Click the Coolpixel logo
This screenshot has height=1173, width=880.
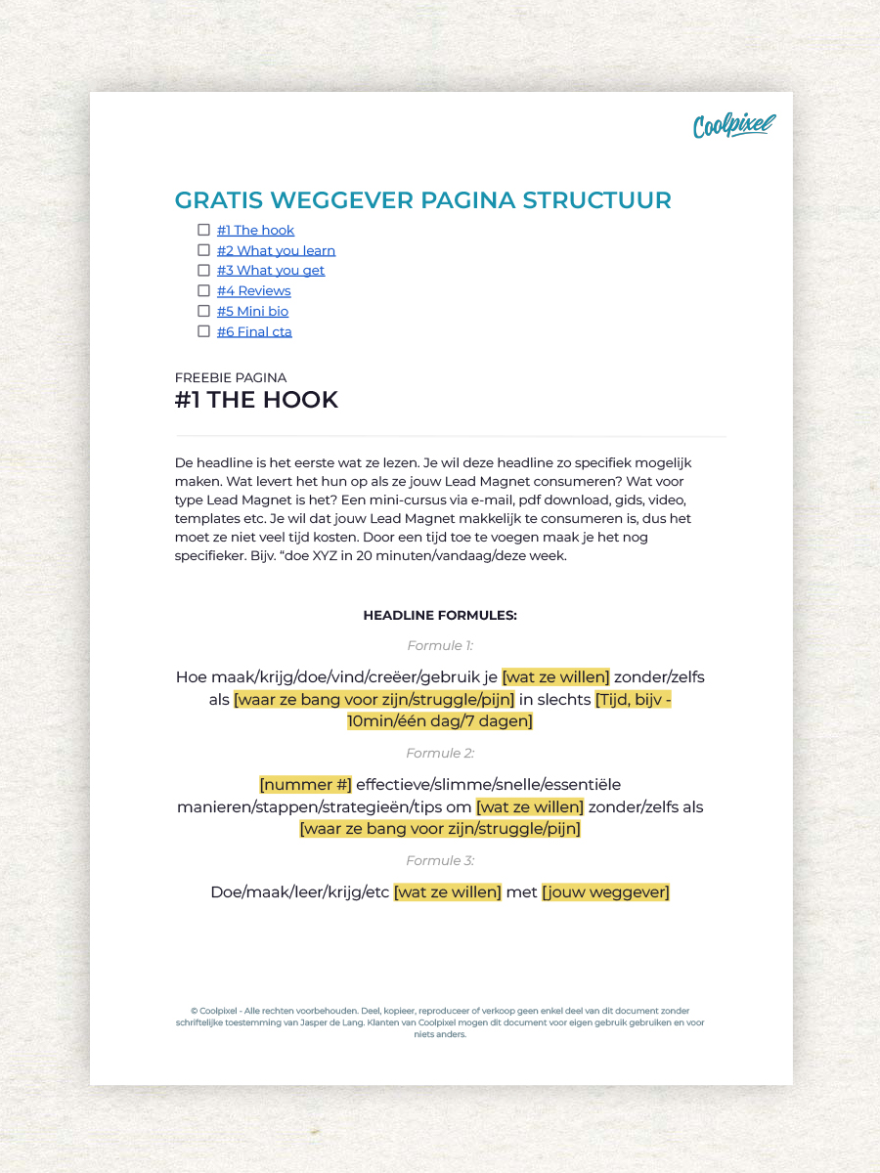(733, 125)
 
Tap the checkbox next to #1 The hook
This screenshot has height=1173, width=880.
(203, 230)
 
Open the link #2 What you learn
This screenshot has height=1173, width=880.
(276, 250)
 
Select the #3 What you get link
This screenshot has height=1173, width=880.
(271, 271)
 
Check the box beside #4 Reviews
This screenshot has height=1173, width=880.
(203, 290)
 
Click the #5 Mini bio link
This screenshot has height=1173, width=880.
(252, 311)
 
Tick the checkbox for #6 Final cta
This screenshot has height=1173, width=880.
(203, 331)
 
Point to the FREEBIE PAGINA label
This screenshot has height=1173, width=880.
(231, 377)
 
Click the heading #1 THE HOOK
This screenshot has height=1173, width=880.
(256, 400)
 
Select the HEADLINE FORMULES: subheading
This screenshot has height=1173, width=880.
(440, 616)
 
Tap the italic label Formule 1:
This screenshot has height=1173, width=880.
(440, 645)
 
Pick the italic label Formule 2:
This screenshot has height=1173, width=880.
(440, 753)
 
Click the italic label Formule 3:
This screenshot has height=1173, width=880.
(440, 860)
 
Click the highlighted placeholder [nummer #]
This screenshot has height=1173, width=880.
(305, 784)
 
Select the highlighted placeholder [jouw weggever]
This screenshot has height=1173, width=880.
(605, 891)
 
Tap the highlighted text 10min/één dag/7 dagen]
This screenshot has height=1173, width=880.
(440, 721)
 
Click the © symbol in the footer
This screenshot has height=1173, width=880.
(194, 1011)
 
